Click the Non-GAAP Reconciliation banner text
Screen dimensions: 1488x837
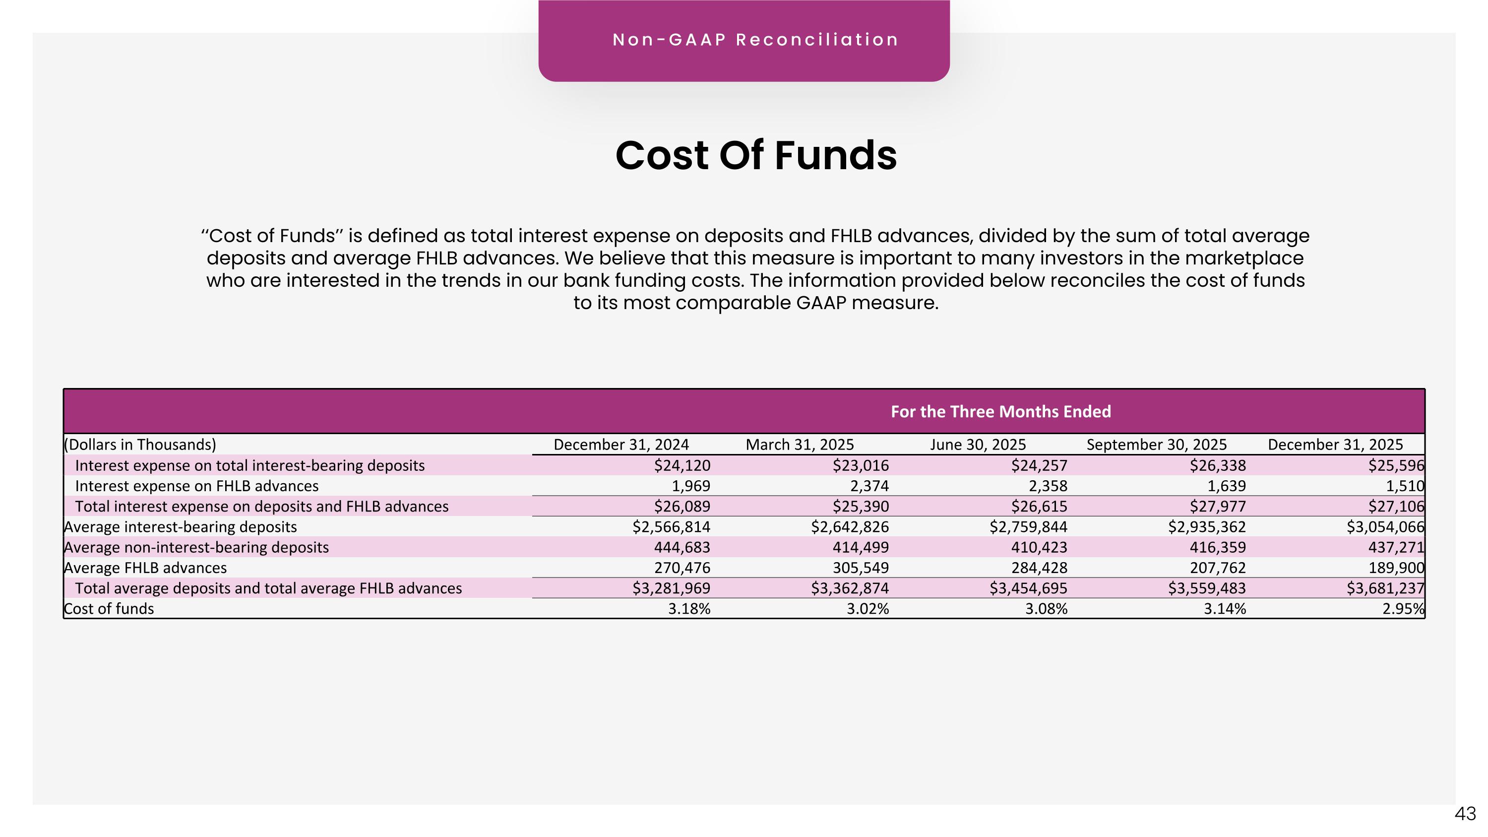(755, 40)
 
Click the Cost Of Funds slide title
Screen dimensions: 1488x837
(756, 155)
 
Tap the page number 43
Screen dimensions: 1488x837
(1465, 814)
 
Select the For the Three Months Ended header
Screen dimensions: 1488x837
(1000, 411)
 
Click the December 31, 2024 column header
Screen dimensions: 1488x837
(621, 444)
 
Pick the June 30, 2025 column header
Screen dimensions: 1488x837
(978, 444)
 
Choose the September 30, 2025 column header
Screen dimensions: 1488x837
(1157, 444)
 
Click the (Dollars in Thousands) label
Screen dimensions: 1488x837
(140, 444)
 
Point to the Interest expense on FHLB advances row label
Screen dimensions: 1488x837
(197, 486)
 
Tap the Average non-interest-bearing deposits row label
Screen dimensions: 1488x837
(196, 547)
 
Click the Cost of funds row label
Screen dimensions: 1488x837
(109, 608)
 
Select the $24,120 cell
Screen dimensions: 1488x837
(682, 465)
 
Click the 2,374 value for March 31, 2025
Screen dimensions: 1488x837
(869, 486)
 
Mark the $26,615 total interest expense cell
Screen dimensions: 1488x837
(1039, 506)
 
